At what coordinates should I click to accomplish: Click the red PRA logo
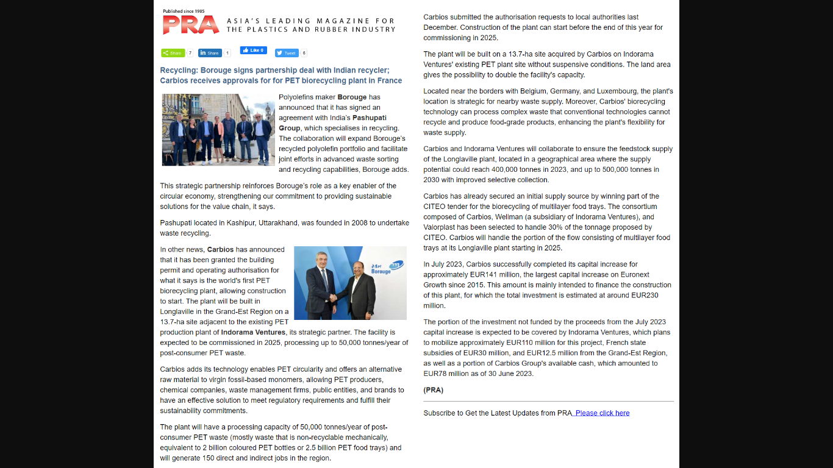pos(190,25)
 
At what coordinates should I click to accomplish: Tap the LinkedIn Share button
pos(210,53)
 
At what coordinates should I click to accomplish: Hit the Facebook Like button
pos(253,51)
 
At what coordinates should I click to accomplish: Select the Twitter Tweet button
pos(287,53)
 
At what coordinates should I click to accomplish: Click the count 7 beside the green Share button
pos(190,53)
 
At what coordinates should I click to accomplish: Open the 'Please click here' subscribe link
pos(602,413)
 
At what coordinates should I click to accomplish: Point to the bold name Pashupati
pos(369,118)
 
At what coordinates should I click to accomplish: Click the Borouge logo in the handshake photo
pos(383,268)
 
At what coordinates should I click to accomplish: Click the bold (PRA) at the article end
pos(434,390)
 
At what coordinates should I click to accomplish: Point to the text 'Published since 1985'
pos(184,11)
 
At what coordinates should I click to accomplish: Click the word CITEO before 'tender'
pos(435,207)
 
